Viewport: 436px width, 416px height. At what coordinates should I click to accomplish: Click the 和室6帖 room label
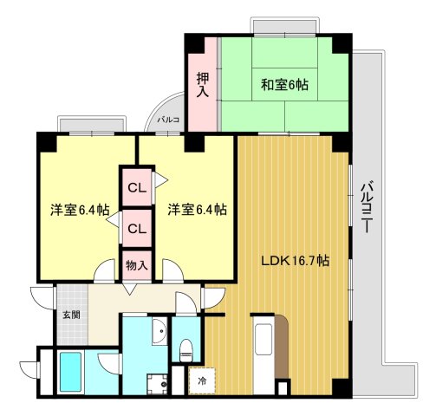click(x=285, y=84)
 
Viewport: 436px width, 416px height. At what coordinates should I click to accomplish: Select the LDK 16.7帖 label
click(x=296, y=259)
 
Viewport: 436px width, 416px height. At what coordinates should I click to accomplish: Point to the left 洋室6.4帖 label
click(x=79, y=209)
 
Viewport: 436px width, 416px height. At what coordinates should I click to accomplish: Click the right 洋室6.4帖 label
click(x=197, y=209)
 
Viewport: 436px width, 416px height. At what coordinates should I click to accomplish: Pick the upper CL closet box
click(x=136, y=187)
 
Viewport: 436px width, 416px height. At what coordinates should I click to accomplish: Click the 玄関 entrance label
click(x=70, y=315)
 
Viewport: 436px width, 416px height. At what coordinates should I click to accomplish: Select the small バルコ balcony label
click(x=167, y=120)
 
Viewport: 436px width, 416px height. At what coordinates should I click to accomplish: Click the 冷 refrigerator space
click(x=202, y=380)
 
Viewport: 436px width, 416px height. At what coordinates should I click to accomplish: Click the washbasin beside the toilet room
click(x=159, y=333)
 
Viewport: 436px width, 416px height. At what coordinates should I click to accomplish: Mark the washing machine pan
click(x=156, y=382)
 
